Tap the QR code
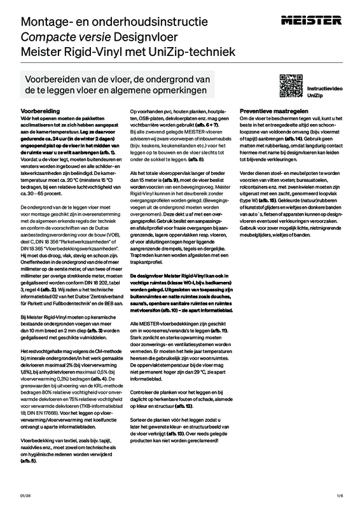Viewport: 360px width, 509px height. point(289,84)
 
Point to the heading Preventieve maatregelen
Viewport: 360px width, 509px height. point(270,110)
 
